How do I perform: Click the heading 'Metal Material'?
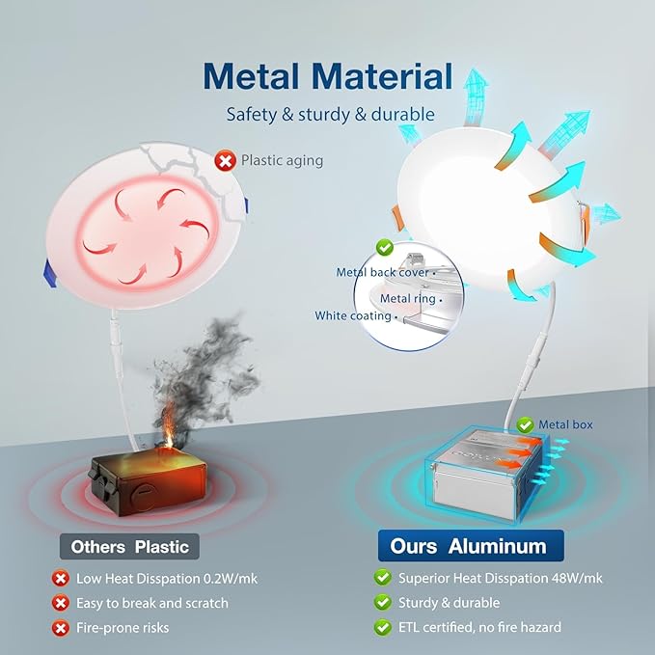(x=328, y=76)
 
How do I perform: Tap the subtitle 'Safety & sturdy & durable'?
(x=331, y=115)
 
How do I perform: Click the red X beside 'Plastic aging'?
(x=225, y=160)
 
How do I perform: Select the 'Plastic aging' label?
(x=282, y=160)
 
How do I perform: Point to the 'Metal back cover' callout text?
(x=383, y=272)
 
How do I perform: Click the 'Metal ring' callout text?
(x=408, y=299)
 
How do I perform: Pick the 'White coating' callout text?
(x=353, y=315)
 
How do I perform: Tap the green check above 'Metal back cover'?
(x=384, y=247)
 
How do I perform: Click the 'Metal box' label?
(x=565, y=424)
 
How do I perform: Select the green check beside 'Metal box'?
(x=525, y=425)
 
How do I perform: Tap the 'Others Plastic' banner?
(x=129, y=546)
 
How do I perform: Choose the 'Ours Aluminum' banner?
(x=471, y=546)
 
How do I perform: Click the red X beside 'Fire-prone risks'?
(x=61, y=628)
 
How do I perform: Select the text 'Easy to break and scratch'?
(x=152, y=603)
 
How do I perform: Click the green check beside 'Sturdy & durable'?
(x=382, y=602)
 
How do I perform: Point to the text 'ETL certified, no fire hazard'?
(x=479, y=627)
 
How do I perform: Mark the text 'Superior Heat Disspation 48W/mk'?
(x=500, y=578)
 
